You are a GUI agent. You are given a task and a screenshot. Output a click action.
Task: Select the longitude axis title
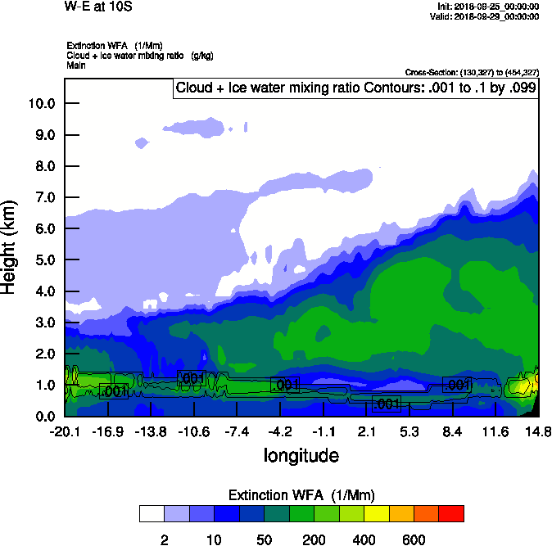click(301, 454)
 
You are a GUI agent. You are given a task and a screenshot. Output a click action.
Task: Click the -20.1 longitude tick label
click(64, 431)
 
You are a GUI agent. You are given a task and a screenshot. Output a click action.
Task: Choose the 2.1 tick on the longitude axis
click(366, 431)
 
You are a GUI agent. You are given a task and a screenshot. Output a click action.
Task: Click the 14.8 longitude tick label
click(537, 431)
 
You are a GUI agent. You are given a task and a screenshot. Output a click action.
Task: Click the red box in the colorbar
click(451, 513)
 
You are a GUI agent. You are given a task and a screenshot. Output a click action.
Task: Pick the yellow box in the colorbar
click(376, 513)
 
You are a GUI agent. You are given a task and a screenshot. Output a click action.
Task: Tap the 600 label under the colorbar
click(414, 539)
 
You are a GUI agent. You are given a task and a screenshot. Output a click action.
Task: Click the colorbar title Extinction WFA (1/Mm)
click(301, 495)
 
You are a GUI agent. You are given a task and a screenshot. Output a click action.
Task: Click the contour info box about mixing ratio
click(355, 88)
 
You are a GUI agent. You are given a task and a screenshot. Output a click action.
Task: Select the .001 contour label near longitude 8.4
click(457, 385)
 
